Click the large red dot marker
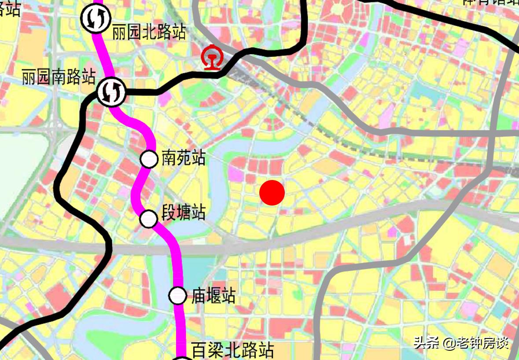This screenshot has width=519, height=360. [272, 193]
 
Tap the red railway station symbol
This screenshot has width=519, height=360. [211, 59]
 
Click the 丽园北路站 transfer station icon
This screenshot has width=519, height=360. [96, 18]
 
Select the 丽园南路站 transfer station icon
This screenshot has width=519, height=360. [111, 92]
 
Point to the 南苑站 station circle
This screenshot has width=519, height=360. [149, 159]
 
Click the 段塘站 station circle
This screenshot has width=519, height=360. [149, 218]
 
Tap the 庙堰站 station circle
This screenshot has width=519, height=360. [177, 295]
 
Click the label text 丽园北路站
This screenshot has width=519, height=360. [149, 32]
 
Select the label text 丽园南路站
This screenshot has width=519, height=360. [59, 77]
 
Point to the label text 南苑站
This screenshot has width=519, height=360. [184, 158]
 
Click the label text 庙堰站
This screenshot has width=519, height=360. [213, 296]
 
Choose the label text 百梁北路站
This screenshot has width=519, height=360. [233, 350]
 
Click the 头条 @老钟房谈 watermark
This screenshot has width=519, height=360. [461, 342]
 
